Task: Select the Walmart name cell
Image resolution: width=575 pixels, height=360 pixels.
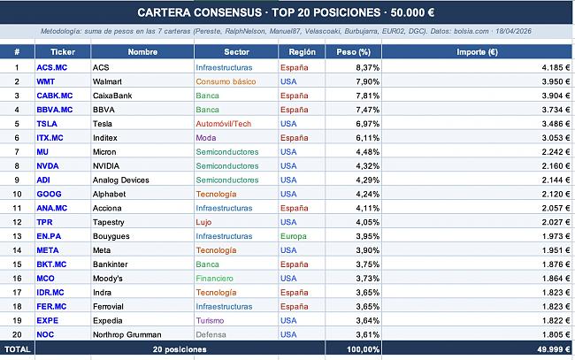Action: (108, 81)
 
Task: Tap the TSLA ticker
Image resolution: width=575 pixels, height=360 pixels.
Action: (46, 123)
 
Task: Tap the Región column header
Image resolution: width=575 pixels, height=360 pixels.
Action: (302, 52)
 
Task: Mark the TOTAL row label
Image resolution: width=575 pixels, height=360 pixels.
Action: (17, 349)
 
